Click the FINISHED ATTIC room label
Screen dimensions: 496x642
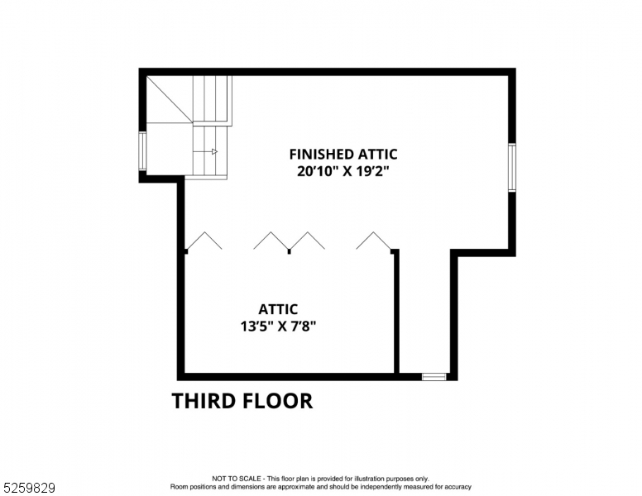pos(343,154)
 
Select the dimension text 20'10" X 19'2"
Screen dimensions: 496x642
pos(343,172)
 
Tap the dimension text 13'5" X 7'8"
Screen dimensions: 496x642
pos(277,326)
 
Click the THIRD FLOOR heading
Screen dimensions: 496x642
pos(242,402)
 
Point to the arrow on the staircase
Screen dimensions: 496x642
pos(211,151)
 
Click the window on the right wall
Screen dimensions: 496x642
pos(512,167)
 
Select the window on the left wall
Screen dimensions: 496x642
pos(142,151)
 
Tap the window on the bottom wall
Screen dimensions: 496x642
pos(434,377)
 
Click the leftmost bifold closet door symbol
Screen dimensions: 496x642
pos(203,241)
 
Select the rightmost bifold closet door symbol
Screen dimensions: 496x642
pos(374,241)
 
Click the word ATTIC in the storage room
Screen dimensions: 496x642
pos(277,310)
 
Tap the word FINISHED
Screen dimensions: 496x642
pos(321,154)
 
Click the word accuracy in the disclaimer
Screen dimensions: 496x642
pos(455,486)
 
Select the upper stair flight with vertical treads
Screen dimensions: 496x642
pos(212,99)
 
